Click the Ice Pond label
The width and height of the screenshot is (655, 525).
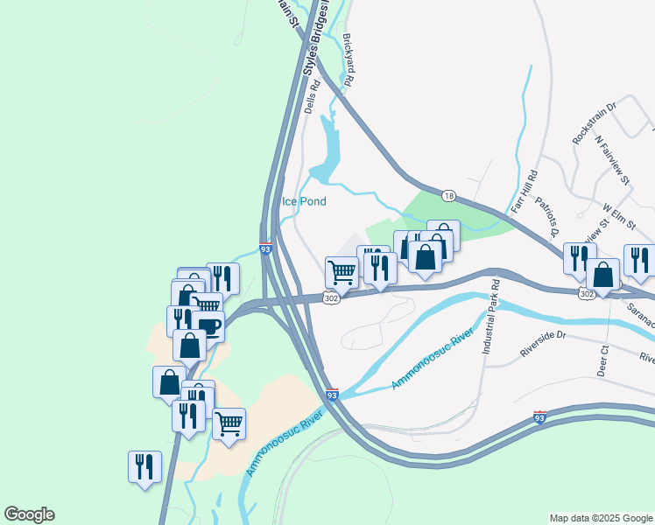(304, 201)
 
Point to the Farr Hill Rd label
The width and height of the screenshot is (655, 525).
(522, 191)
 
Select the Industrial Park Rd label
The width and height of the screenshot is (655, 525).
(489, 317)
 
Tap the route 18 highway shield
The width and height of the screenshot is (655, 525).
(448, 195)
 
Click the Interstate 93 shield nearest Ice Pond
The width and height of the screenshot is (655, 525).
(266, 248)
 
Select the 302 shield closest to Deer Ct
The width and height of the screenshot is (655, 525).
(586, 295)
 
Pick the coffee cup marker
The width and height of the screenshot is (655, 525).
(208, 325)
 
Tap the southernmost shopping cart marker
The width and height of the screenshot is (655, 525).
(229, 423)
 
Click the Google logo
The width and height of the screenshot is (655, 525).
(29, 514)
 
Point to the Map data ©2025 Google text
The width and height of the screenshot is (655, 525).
(602, 518)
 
